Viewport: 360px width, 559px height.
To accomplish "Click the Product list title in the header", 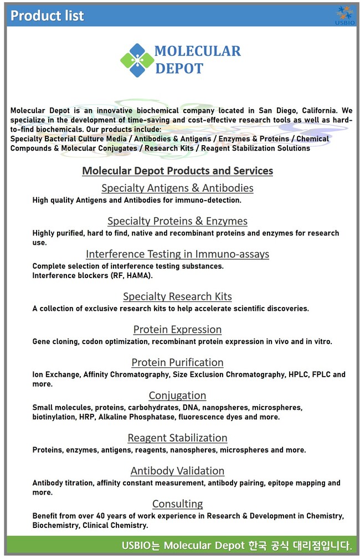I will (47, 16).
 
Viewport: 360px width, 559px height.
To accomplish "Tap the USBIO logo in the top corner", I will (344, 15).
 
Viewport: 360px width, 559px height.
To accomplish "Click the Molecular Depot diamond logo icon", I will (137, 60).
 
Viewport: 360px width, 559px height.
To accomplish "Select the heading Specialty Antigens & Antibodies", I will (177, 188).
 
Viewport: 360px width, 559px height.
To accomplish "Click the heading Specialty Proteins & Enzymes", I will (177, 221).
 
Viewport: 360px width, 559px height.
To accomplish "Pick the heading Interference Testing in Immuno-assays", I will (177, 254).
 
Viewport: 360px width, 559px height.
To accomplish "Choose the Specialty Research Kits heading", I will (177, 296).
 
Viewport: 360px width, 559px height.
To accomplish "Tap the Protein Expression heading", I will (177, 330).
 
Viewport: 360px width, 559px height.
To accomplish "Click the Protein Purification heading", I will (177, 362).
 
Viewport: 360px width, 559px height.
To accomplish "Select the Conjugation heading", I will (177, 396).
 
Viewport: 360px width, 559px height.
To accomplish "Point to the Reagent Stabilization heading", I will (177, 438).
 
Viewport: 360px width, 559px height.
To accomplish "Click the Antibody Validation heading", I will (177, 471).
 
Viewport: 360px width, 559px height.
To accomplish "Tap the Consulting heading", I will (177, 504).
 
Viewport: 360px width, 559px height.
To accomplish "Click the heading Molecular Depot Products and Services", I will (177, 171).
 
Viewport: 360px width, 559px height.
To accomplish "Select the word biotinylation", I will (53, 417).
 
